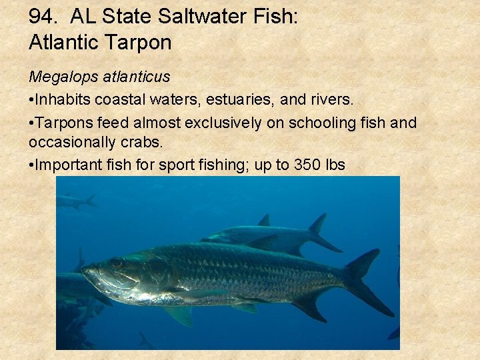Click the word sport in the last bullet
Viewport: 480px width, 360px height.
pyautogui.click(x=176, y=165)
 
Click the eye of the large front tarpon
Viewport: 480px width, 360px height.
pyautogui.click(x=117, y=263)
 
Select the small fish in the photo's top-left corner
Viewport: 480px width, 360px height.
pyautogui.click(x=75, y=201)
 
